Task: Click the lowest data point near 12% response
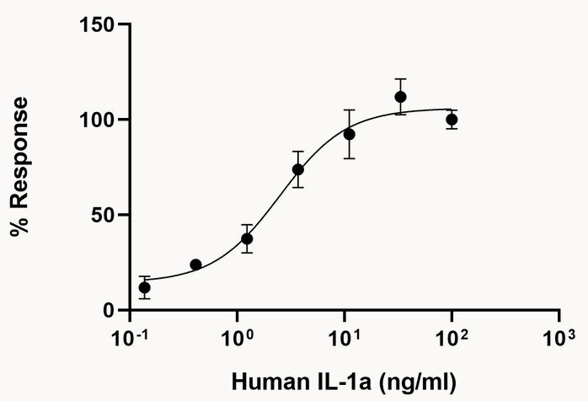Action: tap(145, 287)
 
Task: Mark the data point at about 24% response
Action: tap(196, 265)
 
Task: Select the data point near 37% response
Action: tap(247, 238)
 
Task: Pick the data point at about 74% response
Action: tap(298, 169)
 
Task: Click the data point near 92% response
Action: tap(350, 134)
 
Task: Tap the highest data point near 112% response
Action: tap(401, 97)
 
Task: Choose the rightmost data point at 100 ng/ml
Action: tap(452, 120)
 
